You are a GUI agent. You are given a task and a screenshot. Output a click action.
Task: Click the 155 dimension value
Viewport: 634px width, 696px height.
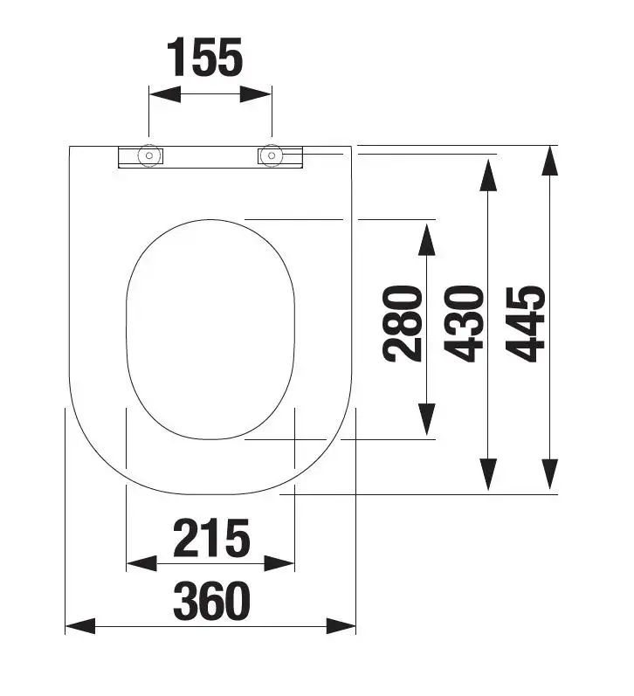(204, 58)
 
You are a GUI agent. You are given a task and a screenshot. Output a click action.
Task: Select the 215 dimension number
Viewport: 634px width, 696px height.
(211, 538)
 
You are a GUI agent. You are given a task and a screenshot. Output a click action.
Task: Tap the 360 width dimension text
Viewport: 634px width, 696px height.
(211, 601)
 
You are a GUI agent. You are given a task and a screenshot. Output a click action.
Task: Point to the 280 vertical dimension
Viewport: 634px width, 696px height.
(402, 324)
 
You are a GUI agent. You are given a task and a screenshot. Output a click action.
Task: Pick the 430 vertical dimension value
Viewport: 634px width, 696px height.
(464, 324)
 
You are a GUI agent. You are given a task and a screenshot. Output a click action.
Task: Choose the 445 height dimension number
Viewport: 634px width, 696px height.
(525, 324)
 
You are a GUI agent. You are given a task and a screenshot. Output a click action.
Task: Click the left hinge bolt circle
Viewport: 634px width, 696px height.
(149, 155)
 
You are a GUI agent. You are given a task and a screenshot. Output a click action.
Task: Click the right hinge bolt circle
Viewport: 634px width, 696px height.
(272, 155)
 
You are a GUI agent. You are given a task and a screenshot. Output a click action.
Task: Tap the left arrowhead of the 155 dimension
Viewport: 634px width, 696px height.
(165, 94)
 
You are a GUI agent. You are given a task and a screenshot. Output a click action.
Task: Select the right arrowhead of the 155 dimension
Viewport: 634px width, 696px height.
(255, 94)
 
